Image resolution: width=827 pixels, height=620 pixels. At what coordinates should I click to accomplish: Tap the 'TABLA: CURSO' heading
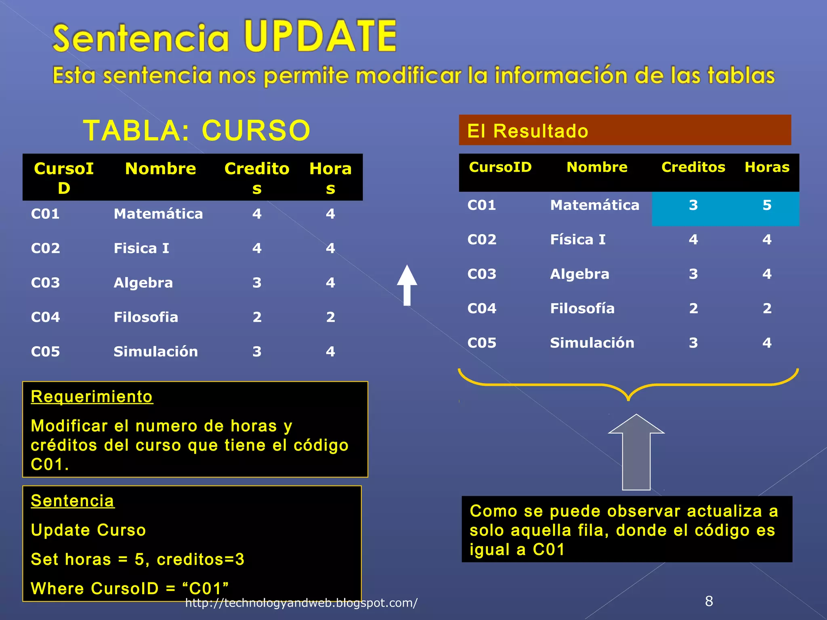pyautogui.click(x=197, y=131)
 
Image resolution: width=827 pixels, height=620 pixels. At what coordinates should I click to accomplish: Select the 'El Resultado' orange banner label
pyautogui.click(x=527, y=131)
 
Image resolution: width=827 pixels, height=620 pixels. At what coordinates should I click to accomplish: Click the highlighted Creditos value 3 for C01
pyautogui.click(x=693, y=205)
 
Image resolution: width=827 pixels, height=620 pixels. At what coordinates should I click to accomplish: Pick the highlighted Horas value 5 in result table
pyautogui.click(x=767, y=205)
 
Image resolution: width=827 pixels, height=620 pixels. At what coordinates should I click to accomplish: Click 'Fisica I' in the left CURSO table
pyautogui.click(x=141, y=248)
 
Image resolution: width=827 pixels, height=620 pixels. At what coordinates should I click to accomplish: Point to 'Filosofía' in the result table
pyautogui.click(x=582, y=308)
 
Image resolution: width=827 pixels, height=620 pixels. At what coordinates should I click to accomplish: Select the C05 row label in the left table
pyautogui.click(x=45, y=352)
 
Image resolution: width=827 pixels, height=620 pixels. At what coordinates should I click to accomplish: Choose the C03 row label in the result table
pyautogui.click(x=481, y=274)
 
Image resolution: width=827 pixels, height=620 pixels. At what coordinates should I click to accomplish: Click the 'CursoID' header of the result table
pyautogui.click(x=500, y=167)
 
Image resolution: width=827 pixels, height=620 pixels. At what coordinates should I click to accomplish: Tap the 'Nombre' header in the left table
pyautogui.click(x=160, y=169)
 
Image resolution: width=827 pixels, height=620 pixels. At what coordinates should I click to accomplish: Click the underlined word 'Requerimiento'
pyautogui.click(x=92, y=397)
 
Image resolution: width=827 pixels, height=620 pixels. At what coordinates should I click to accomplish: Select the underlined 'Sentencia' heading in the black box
pyautogui.click(x=73, y=501)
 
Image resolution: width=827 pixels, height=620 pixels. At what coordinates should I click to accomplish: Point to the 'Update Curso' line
pyautogui.click(x=88, y=530)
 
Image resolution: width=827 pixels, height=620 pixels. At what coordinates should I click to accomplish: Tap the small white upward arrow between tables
pyautogui.click(x=407, y=285)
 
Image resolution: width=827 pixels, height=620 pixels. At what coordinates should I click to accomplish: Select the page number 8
pyautogui.click(x=709, y=601)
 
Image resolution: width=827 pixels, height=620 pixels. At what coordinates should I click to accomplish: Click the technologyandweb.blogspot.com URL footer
pyautogui.click(x=301, y=603)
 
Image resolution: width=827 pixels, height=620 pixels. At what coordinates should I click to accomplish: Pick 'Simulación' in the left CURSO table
pyautogui.click(x=155, y=352)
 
